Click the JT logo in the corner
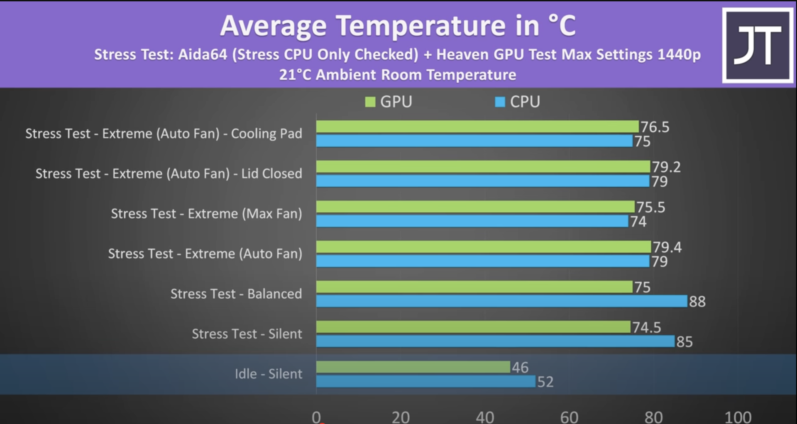(x=758, y=46)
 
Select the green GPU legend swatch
(x=370, y=102)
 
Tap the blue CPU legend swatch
(x=500, y=102)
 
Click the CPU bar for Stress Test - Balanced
(x=501, y=301)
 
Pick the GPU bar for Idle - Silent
(x=413, y=367)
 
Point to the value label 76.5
(x=655, y=127)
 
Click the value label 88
(x=697, y=302)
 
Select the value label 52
(x=545, y=382)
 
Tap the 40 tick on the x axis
(x=485, y=417)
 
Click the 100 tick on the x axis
(x=738, y=417)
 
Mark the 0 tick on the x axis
(x=316, y=417)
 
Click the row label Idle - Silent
(x=268, y=374)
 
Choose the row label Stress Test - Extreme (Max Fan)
(x=206, y=214)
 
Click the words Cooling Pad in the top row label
(x=266, y=134)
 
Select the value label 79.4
(x=667, y=247)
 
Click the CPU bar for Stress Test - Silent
(x=495, y=341)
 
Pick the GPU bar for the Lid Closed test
(x=483, y=167)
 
